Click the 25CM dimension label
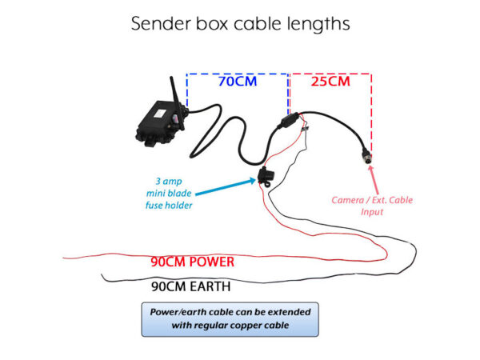(x=329, y=82)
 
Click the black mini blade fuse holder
(x=260, y=177)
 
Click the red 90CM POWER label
(x=192, y=262)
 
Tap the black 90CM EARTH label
(x=190, y=286)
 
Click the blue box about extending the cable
(x=230, y=318)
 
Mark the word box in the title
(x=214, y=24)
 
